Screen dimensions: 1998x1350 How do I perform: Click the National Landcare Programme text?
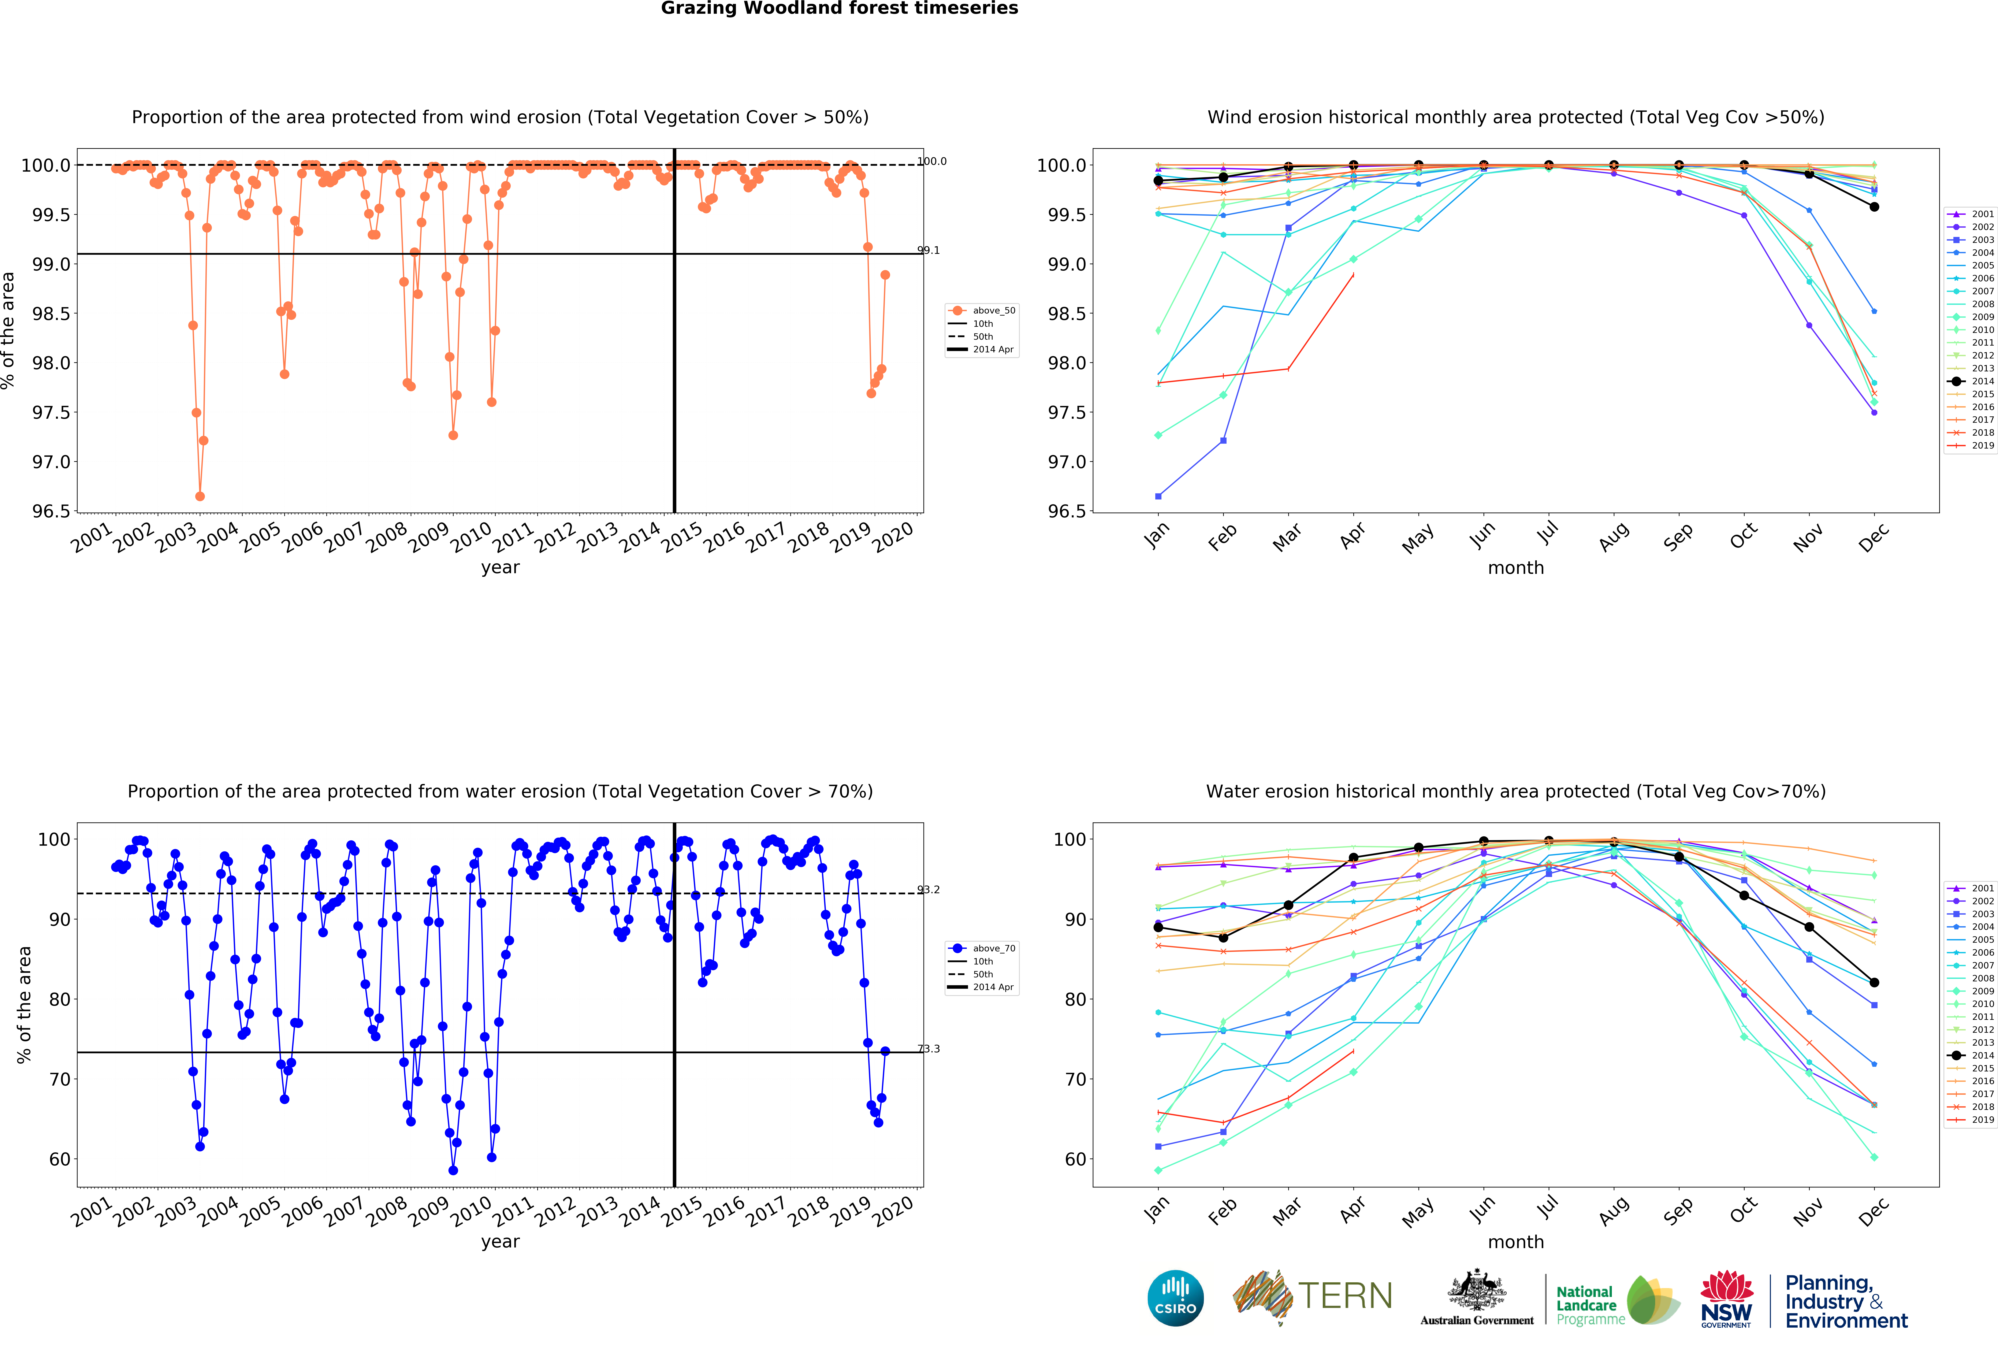click(1590, 1305)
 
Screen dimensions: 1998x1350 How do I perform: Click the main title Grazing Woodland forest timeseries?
click(839, 9)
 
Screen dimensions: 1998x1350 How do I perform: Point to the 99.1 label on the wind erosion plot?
click(929, 250)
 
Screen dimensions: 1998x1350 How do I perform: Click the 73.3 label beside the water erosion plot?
click(929, 1049)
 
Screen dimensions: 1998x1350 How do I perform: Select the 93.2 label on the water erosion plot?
click(929, 890)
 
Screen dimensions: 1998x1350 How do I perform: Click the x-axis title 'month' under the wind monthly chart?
click(1516, 568)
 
